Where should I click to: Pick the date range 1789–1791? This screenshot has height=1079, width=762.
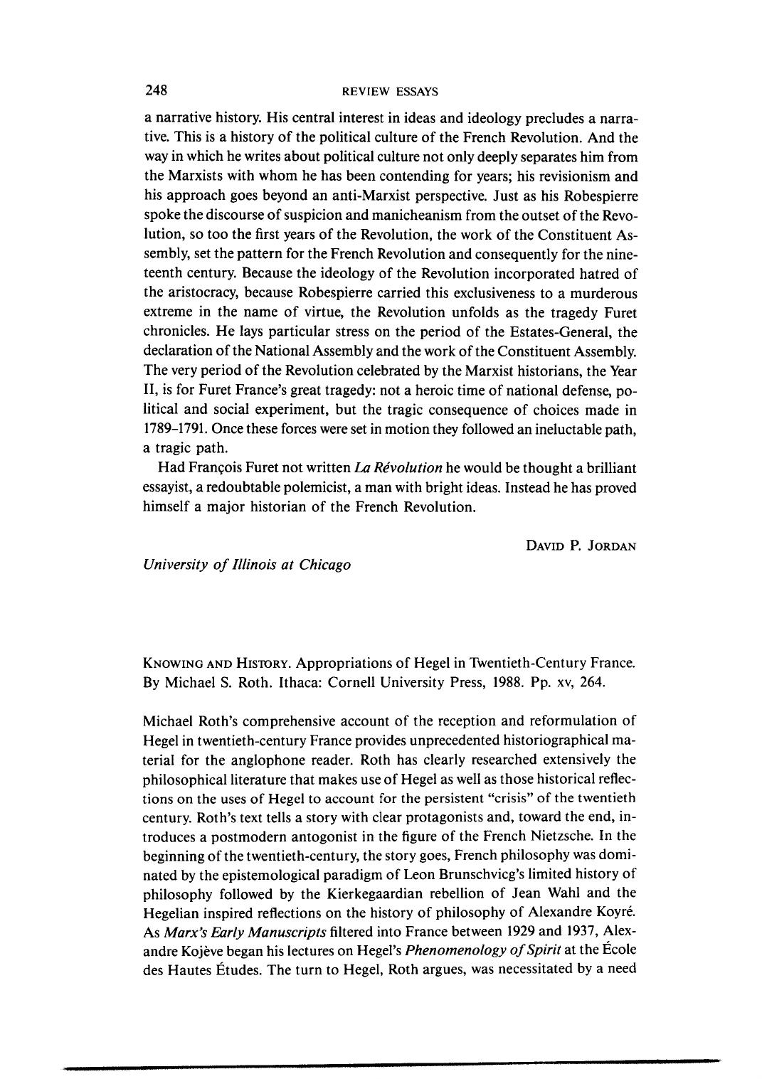[x=176, y=430]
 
